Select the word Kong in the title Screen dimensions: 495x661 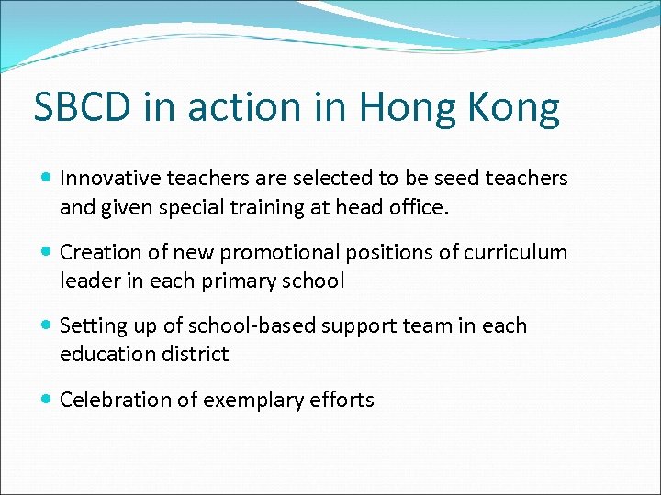514,108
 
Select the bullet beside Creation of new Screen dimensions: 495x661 46,252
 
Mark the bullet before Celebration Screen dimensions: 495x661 46,400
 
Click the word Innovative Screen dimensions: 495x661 108,178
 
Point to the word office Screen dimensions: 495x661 421,207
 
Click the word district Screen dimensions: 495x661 194,355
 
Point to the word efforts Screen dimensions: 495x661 342,400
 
